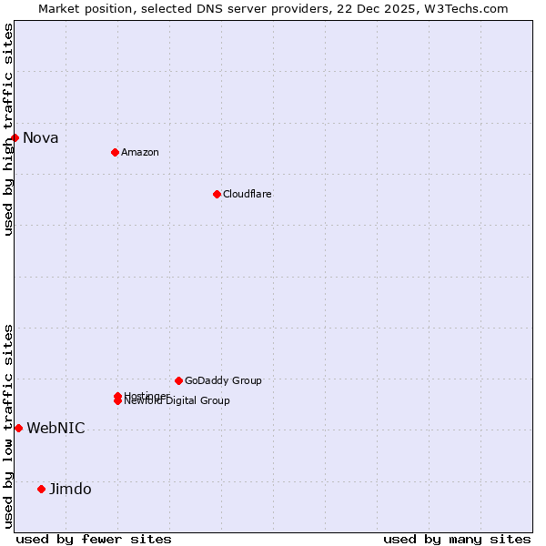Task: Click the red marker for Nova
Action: pyautogui.click(x=15, y=137)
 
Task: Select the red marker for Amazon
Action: pyautogui.click(x=115, y=152)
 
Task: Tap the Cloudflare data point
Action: pyautogui.click(x=217, y=194)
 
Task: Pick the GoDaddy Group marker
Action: pyautogui.click(x=178, y=380)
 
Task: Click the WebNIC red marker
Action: pyautogui.click(x=18, y=428)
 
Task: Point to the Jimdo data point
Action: pyautogui.click(x=41, y=489)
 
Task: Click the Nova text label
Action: pyautogui.click(x=41, y=138)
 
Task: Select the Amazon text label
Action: pyautogui.click(x=140, y=152)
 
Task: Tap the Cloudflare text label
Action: pyautogui.click(x=248, y=194)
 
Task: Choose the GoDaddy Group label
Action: pyautogui.click(x=223, y=380)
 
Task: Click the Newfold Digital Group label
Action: pyautogui.click(x=178, y=401)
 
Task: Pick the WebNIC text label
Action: pyautogui.click(x=56, y=429)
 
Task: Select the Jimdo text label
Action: pyautogui.click(x=70, y=490)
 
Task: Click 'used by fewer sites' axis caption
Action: pyautogui.click(x=94, y=539)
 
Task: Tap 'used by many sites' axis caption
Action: pyautogui.click(x=457, y=539)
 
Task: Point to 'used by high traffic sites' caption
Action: pyautogui.click(x=9, y=129)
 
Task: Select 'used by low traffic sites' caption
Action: pyautogui.click(x=9, y=425)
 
